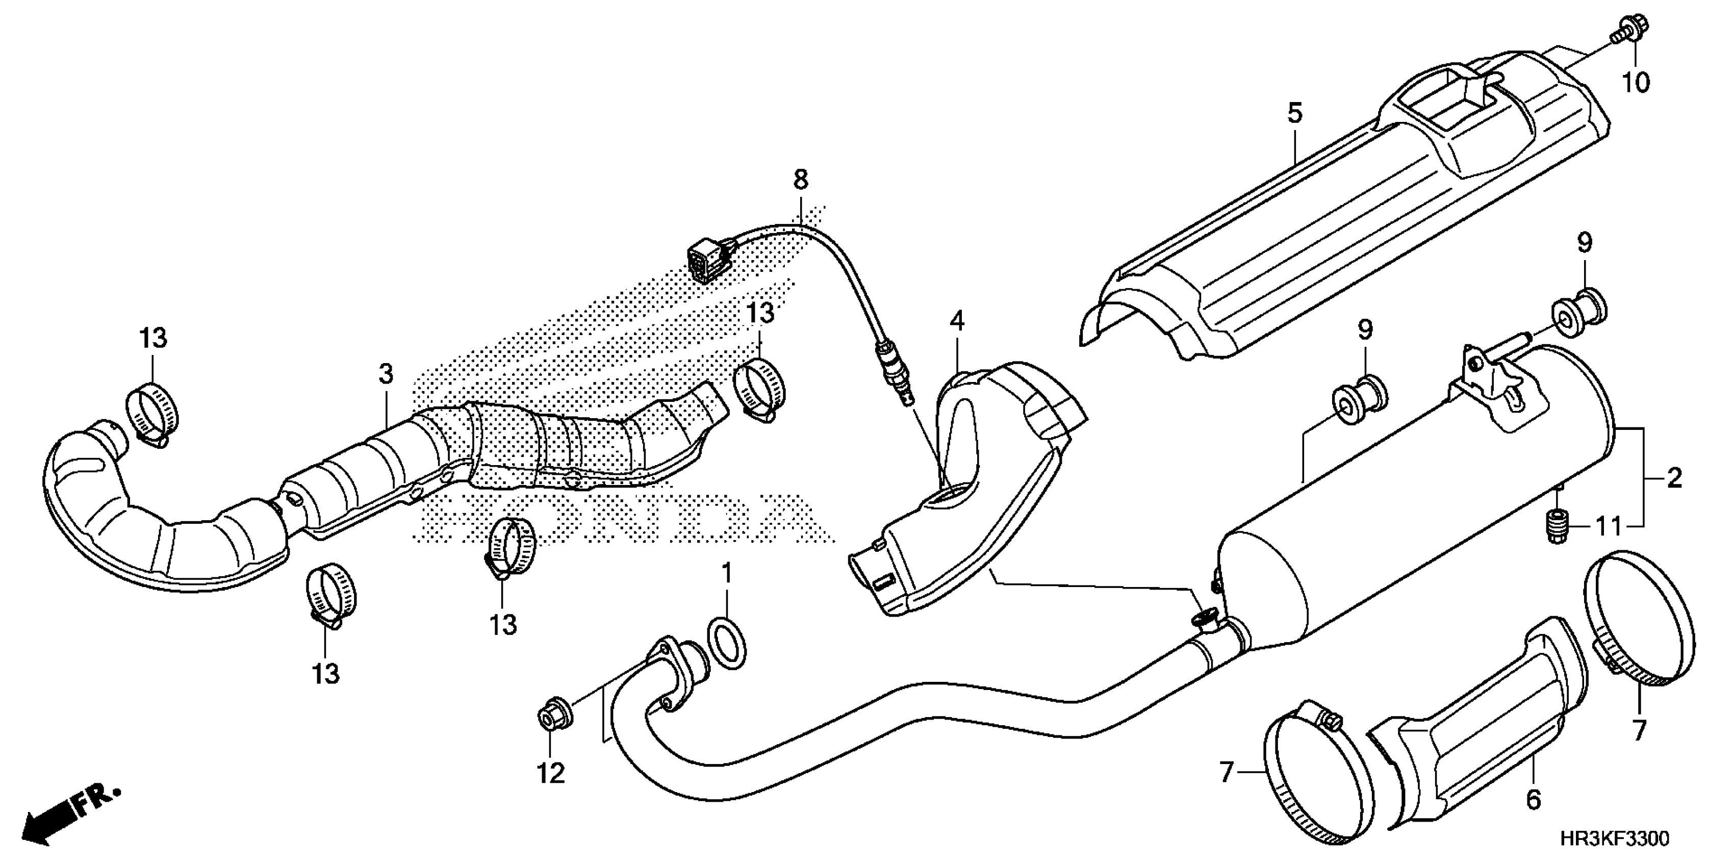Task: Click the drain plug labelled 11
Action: pos(1557,523)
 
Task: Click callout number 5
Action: pos(1294,113)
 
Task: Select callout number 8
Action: pos(800,180)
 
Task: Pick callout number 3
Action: pos(385,374)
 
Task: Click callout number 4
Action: pos(957,321)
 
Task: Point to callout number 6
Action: pos(1533,800)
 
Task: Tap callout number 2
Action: pos(1674,478)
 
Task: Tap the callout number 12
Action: pos(551,774)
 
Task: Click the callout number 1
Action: pos(726,574)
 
